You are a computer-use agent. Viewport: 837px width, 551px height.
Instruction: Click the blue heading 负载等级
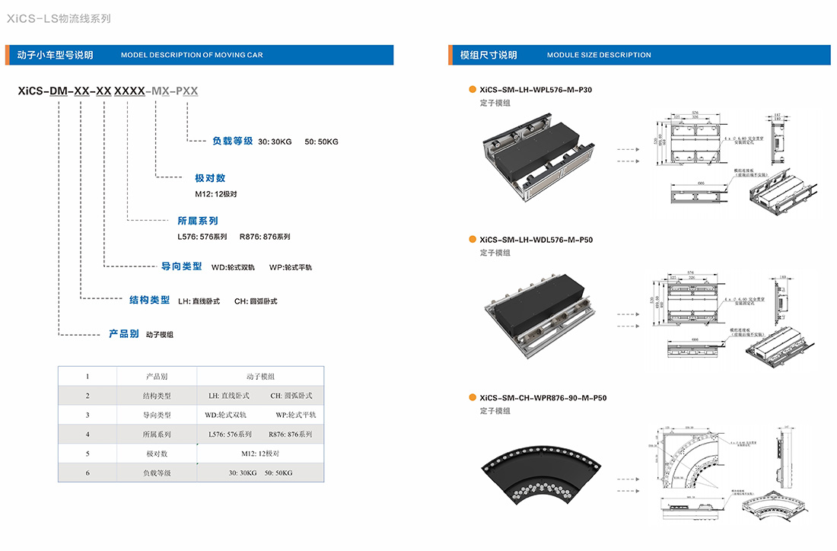233,141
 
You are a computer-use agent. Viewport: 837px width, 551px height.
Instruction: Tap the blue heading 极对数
210,178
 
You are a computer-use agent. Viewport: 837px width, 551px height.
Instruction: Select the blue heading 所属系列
198,221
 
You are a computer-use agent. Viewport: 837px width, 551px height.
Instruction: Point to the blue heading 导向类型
182,266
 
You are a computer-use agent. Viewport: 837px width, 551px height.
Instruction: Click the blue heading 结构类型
150,300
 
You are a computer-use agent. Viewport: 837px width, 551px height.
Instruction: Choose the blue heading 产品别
123,333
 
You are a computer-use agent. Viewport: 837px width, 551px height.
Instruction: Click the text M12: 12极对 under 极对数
216,193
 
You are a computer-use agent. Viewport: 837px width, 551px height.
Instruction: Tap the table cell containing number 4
88,434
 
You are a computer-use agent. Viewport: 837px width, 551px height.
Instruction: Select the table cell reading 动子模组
260,377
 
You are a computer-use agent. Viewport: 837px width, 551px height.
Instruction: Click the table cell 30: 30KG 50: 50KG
260,473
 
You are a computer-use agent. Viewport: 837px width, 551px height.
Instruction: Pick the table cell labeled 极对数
157,453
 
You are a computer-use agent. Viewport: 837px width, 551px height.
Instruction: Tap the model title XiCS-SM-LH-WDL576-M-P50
536,240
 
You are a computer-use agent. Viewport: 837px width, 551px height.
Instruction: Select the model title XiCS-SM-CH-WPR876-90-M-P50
543,397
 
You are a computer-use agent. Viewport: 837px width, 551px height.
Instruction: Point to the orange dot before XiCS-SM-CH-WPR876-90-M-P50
472,397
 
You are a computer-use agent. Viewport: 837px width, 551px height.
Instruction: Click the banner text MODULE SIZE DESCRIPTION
599,55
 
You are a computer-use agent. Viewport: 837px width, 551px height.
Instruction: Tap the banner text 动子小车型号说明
55,55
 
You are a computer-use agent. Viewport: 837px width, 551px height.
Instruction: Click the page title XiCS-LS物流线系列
59,18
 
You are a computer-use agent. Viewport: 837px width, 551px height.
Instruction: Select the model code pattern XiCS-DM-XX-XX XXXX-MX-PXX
107,91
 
